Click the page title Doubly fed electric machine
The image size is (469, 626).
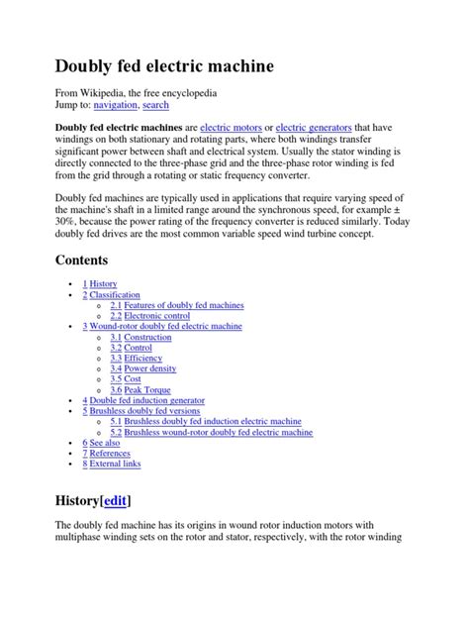(163, 66)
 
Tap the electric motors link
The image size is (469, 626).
(234, 128)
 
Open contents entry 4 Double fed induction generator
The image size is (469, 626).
(148, 400)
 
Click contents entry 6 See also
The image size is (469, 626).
(104, 443)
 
